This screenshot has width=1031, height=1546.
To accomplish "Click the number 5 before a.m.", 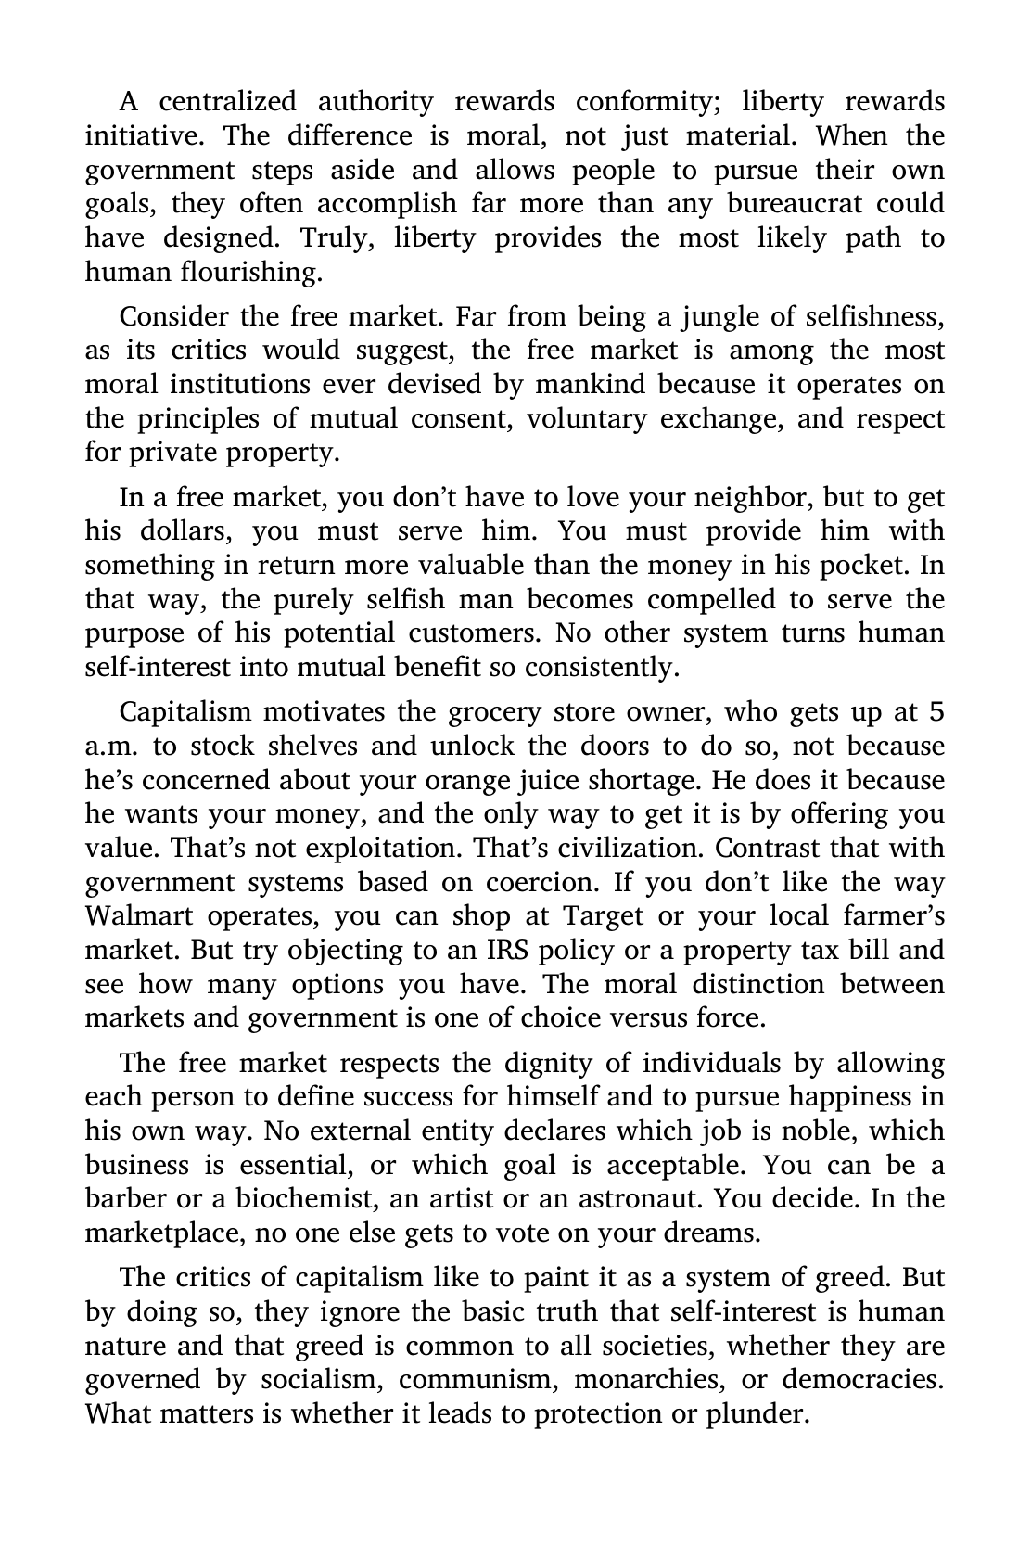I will click(x=936, y=711).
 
